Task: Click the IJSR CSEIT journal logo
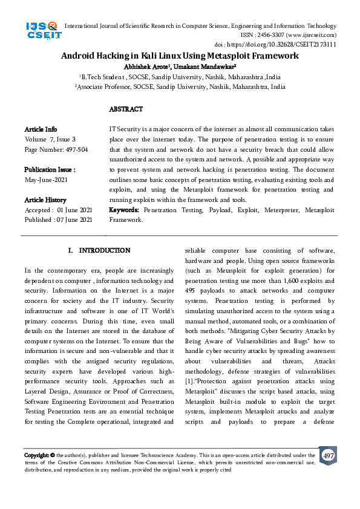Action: pos(41,30)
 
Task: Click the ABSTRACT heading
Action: pos(125,109)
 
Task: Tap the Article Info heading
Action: pos(41,129)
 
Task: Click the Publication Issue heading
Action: pos(50,170)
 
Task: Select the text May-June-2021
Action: pos(46,180)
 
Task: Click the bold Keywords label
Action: pos(124,210)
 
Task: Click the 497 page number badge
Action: pos(328,455)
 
